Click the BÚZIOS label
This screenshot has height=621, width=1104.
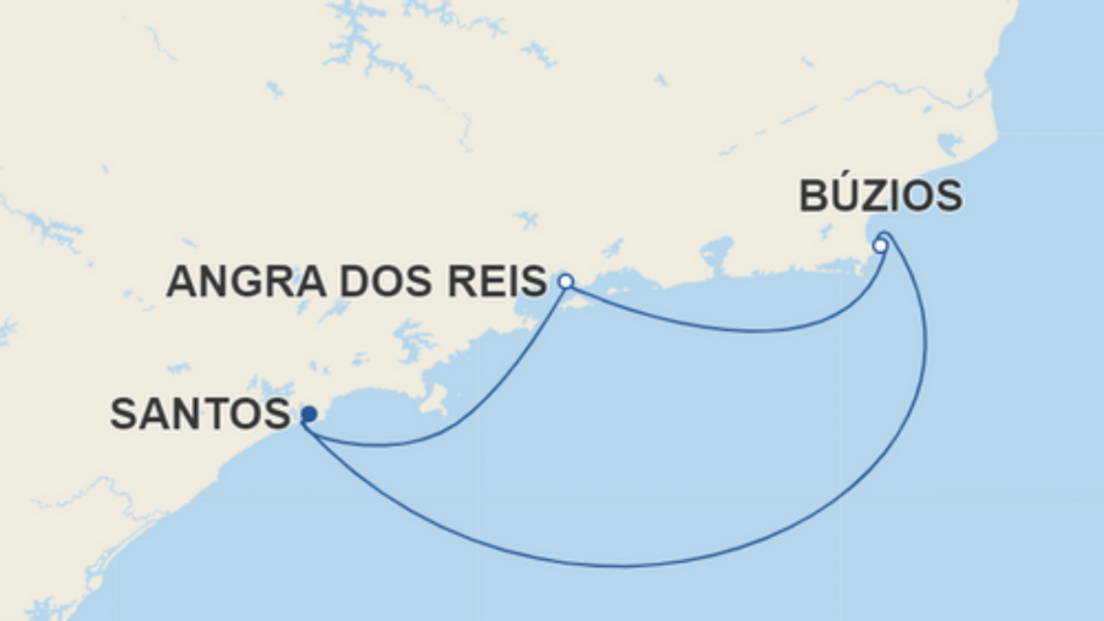880,196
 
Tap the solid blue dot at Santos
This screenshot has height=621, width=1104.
308,414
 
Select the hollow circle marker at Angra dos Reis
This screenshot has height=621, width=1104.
565,281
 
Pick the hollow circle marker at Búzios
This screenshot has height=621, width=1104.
880,246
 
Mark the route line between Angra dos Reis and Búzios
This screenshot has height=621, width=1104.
742,330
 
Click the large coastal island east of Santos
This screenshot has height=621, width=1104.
435,398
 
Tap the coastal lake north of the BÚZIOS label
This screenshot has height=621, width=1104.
949,144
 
